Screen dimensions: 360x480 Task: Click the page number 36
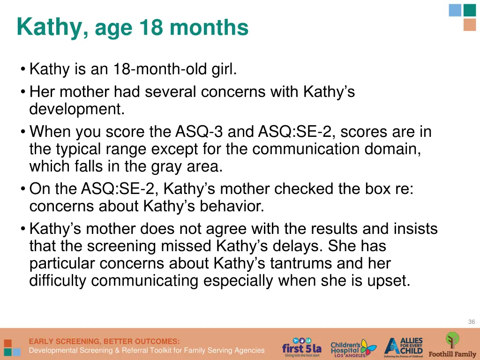pyautogui.click(x=471, y=322)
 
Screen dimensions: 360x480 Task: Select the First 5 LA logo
pyautogui.click(x=301, y=347)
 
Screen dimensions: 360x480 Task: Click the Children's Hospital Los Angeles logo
pyautogui.click(x=352, y=347)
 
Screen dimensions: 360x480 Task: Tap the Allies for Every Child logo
pyautogui.click(x=404, y=347)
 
